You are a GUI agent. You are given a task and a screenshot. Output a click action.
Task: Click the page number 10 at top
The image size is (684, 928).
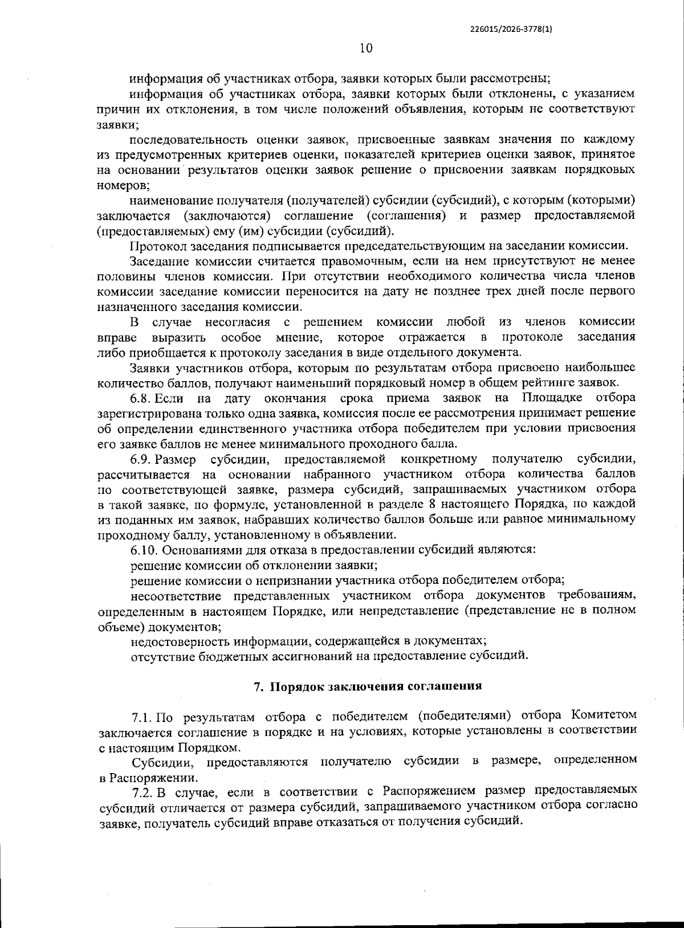tap(366, 48)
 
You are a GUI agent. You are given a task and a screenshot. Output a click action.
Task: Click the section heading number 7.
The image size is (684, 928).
tap(258, 686)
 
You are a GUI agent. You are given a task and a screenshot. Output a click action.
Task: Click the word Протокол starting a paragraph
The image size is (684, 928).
tap(154, 246)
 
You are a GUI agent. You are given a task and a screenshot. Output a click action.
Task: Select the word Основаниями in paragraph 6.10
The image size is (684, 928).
tap(194, 550)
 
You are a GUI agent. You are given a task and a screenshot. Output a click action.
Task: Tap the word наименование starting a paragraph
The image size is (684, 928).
tap(167, 201)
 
